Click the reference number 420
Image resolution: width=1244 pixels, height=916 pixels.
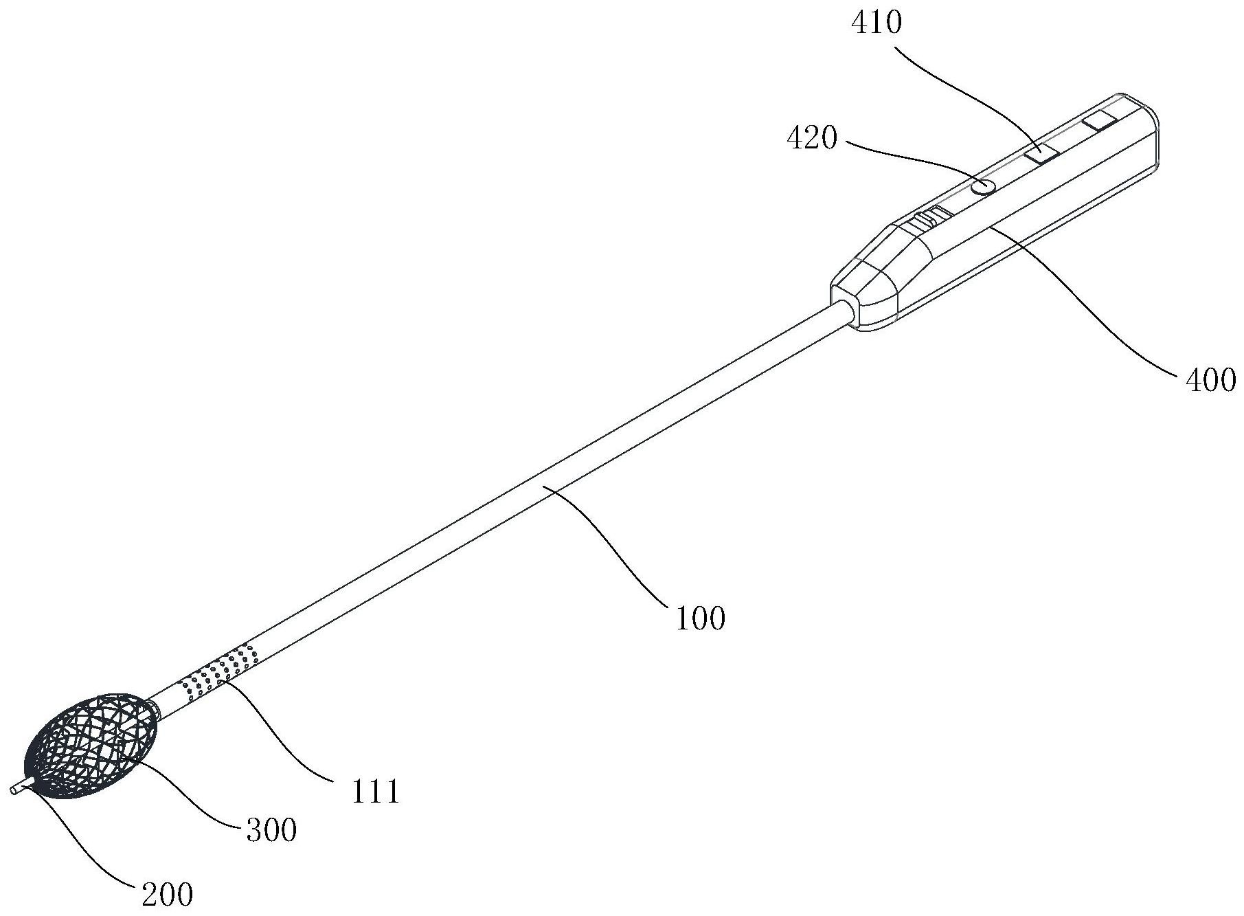coord(812,139)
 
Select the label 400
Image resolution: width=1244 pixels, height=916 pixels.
coord(1210,379)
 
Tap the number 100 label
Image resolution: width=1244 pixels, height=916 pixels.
coord(700,619)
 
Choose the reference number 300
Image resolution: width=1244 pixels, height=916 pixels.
coord(271,830)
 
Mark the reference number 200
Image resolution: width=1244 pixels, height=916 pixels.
coord(168,895)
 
